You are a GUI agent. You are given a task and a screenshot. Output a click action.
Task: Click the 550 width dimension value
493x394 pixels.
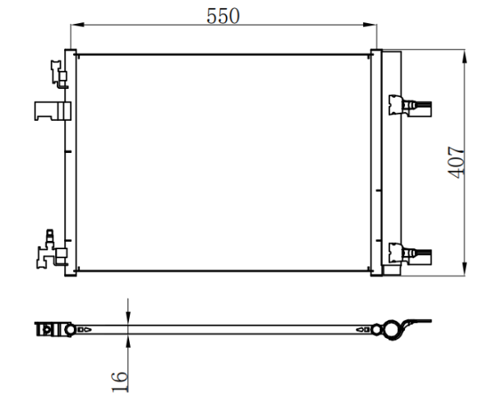[223, 16]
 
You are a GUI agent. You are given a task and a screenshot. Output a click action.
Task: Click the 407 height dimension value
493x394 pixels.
[456, 162]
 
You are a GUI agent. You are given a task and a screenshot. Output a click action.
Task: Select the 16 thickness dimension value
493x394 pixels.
[120, 382]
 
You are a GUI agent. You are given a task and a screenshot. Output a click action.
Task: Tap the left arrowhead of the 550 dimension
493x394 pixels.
[77, 25]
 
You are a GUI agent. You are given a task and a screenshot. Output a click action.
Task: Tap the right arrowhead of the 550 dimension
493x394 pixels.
[370, 25]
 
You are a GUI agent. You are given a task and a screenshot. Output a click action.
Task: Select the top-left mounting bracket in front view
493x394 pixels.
[59, 74]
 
